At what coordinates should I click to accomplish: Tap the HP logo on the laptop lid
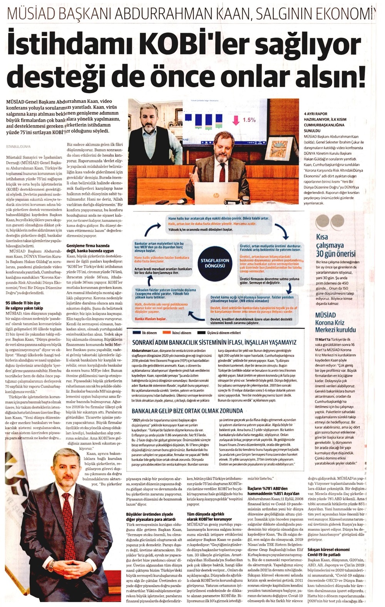[216, 196]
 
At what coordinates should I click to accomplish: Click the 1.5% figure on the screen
[249, 120]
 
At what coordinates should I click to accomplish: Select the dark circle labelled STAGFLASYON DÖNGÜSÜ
[214, 263]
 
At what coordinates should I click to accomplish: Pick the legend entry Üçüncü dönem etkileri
[221, 332]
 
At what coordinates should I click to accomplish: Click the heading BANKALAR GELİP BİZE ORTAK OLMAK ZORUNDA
[187, 411]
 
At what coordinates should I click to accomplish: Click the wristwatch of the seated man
[51, 565]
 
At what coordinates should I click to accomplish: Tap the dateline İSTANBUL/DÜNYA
[18, 146]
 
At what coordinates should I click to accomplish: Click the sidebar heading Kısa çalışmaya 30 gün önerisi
[335, 245]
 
